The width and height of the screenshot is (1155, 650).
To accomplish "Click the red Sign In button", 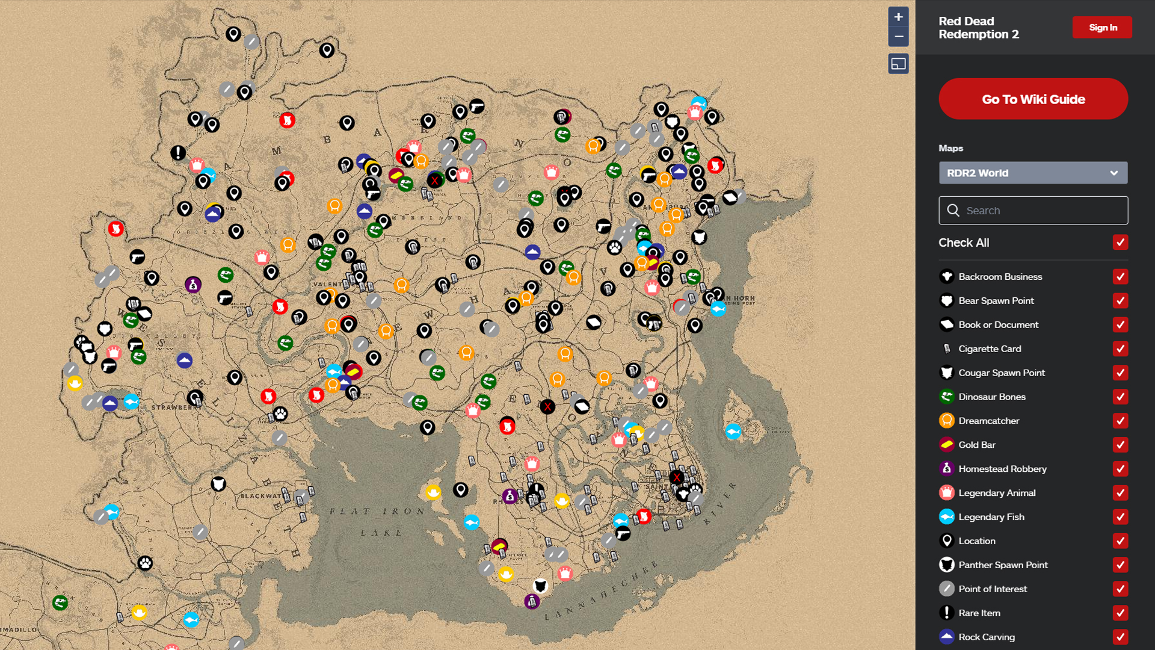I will coord(1102,28).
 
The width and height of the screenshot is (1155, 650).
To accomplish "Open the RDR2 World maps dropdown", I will coord(1033,173).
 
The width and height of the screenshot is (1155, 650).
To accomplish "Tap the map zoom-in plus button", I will coord(898,17).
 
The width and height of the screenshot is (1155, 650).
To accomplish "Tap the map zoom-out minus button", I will coord(898,37).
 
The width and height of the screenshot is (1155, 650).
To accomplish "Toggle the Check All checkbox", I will coord(1120,243).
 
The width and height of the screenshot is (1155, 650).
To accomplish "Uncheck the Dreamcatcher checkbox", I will coord(1120,421).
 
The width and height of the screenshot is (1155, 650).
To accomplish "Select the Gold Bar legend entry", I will coord(977,445).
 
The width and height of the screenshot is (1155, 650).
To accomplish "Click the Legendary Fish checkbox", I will coord(1120,517).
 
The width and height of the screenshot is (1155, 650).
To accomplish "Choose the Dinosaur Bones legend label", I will coord(991,397).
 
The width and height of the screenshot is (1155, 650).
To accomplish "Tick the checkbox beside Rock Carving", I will coord(1120,637).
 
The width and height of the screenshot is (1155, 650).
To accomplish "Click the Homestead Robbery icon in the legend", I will coord(946,468).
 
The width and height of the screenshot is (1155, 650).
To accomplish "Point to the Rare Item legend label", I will coord(979,613).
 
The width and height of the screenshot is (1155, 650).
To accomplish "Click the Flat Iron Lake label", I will coord(377,521).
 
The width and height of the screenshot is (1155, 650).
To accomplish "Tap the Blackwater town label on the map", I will coord(260,497).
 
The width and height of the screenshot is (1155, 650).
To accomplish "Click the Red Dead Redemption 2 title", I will coord(978,28).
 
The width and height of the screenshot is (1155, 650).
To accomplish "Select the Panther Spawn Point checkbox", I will coord(1120,565).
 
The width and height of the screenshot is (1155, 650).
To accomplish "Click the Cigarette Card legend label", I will coord(990,348).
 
